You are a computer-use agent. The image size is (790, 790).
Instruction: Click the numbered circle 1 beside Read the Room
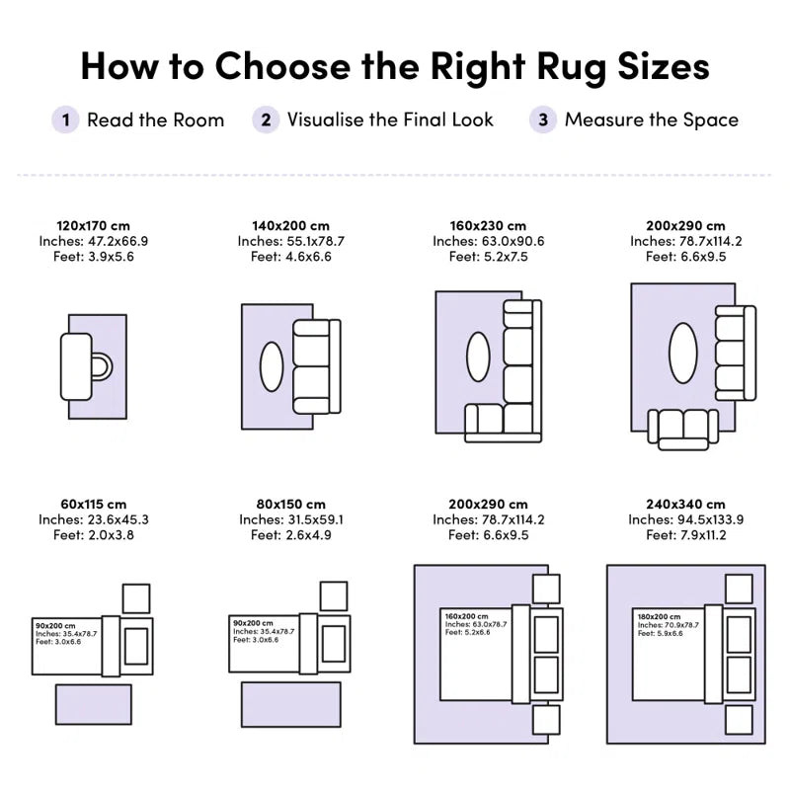coord(65,119)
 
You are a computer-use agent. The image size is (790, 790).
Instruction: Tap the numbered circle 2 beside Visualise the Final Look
coord(266,119)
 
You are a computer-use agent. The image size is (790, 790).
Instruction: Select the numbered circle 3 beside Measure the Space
coord(543,119)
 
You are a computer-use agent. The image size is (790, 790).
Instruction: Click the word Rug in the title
coord(572,67)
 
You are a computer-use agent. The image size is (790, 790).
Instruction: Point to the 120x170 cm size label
coord(93,226)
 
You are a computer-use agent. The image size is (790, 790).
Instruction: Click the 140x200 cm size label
coord(290,226)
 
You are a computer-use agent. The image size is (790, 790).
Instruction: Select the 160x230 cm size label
coord(488,226)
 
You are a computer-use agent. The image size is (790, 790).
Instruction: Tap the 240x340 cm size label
coord(685,505)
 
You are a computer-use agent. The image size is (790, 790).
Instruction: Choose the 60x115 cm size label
coord(93,505)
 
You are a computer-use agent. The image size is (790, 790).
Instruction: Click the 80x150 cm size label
coord(290,505)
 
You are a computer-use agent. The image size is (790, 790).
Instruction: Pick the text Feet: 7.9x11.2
coord(686,535)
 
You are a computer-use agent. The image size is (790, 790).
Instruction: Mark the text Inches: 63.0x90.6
coord(488,241)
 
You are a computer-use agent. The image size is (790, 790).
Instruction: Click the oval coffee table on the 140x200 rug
coord(272,366)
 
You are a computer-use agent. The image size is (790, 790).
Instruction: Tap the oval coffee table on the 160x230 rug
coord(478,356)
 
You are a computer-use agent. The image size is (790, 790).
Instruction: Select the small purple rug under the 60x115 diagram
coord(94,704)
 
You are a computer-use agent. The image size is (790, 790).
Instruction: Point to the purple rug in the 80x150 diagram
coord(290,704)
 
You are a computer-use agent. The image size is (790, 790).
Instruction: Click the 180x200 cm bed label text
coord(659,616)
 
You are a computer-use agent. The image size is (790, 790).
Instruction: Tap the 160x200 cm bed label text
coord(466,616)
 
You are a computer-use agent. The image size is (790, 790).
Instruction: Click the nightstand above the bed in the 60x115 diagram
coord(136,598)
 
